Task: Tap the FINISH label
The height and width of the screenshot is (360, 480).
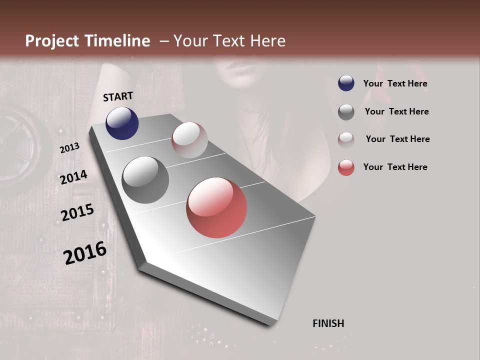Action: pos(328,323)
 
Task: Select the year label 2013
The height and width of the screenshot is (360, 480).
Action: pos(69,147)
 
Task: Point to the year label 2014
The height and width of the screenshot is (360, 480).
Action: pos(73,177)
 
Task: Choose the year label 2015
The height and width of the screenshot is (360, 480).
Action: pos(77,213)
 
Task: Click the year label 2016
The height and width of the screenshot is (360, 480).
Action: pos(85,253)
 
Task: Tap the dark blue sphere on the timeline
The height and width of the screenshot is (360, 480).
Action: pos(122,123)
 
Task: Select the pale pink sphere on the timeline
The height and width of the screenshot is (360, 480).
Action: pos(189,140)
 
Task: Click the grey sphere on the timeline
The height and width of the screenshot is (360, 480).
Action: pos(145,180)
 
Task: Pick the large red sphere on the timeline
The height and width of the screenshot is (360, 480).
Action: pos(216,207)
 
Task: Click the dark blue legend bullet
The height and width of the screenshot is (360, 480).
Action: pos(346,83)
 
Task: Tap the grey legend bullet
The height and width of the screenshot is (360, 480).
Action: pos(346,111)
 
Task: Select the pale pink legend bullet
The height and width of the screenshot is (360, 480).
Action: pos(346,139)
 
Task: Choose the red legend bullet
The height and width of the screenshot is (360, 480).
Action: pos(346,167)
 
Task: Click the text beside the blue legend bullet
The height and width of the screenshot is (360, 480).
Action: pos(395,83)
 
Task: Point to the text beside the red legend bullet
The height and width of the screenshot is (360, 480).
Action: pos(395,167)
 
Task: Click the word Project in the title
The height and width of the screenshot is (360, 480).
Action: pos(53,41)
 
